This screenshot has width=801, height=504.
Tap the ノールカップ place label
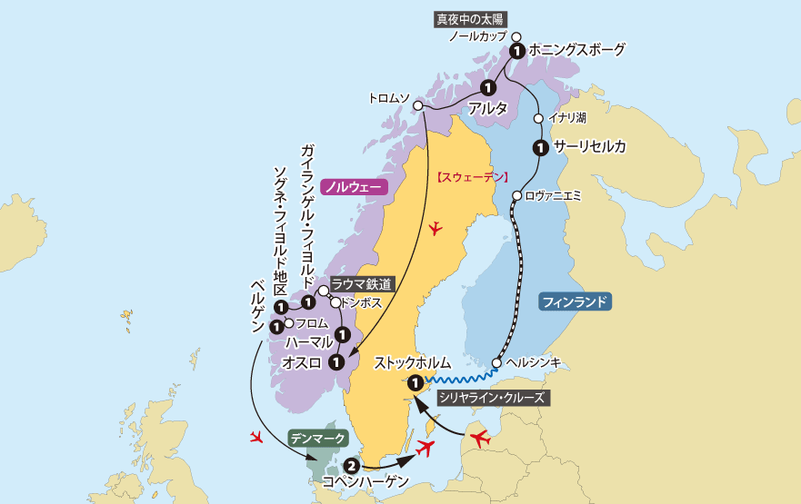pyautogui.click(x=478, y=37)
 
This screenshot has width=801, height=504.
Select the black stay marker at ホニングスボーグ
pyautogui.click(x=516, y=51)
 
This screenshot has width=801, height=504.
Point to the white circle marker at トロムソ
pyautogui.click(x=419, y=106)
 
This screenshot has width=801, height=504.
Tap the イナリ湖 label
pyautogui.click(x=567, y=118)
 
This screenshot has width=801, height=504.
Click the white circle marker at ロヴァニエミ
pyautogui.click(x=516, y=195)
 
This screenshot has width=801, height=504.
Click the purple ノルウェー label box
pyautogui.click(x=354, y=186)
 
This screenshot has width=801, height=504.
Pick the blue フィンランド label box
pyautogui.click(x=574, y=301)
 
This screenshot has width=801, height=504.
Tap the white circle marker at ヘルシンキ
pyautogui.click(x=496, y=363)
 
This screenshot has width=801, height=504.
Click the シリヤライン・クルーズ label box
pyautogui.click(x=492, y=397)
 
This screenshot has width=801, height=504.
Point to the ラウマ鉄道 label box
pyautogui.click(x=362, y=284)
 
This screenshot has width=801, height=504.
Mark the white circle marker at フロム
pyautogui.click(x=288, y=323)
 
